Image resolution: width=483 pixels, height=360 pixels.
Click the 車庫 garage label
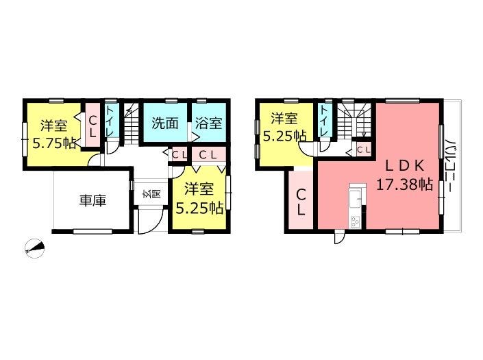tap(92, 201)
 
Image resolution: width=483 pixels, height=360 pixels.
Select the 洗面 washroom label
tap(165, 123)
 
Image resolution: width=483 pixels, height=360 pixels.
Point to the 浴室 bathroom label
tap(208, 123)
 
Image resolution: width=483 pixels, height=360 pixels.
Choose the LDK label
tap(405, 165)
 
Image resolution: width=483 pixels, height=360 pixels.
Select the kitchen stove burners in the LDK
tap(356, 221)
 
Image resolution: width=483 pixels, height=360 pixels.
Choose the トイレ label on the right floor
tap(323, 122)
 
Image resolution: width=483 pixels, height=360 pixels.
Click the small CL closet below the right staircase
tap(363, 149)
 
